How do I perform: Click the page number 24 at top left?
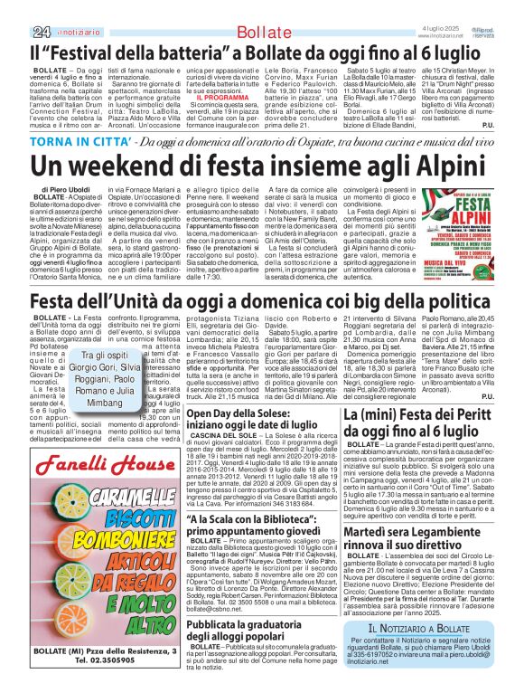(16, 7)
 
